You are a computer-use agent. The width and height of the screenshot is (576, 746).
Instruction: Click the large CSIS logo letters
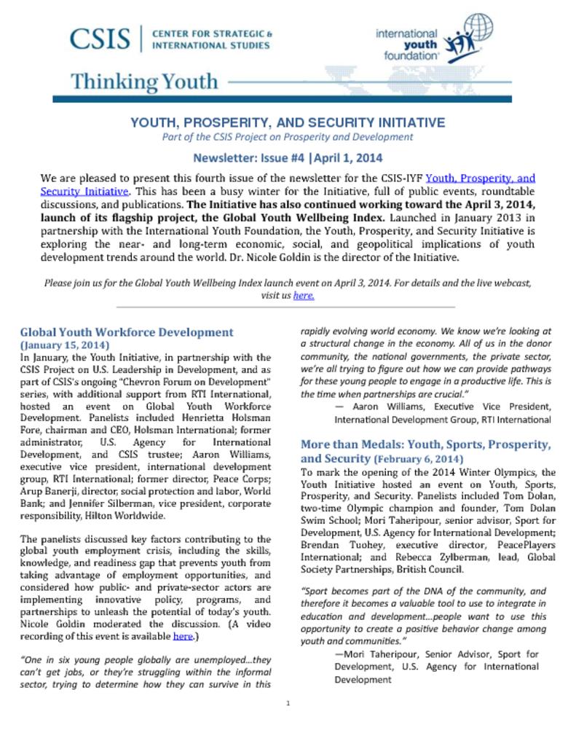99,39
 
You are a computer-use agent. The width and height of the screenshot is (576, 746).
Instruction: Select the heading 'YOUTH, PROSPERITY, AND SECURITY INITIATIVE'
287,122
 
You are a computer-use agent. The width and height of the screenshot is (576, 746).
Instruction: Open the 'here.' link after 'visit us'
304,296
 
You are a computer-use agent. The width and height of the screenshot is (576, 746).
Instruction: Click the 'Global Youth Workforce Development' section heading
127,332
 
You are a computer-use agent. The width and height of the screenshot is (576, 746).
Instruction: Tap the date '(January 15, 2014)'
65,345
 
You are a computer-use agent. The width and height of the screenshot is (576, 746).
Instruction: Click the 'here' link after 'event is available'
182,636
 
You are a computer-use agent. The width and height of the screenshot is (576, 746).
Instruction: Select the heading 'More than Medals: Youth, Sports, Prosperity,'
425,444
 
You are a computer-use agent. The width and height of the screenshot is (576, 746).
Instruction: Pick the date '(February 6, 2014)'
418,459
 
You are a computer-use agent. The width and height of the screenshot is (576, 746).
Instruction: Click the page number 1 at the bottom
288,703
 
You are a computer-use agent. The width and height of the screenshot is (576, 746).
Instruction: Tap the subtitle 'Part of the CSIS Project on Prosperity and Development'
287,136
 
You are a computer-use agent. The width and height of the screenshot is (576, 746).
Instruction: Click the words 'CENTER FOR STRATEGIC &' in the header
212,34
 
